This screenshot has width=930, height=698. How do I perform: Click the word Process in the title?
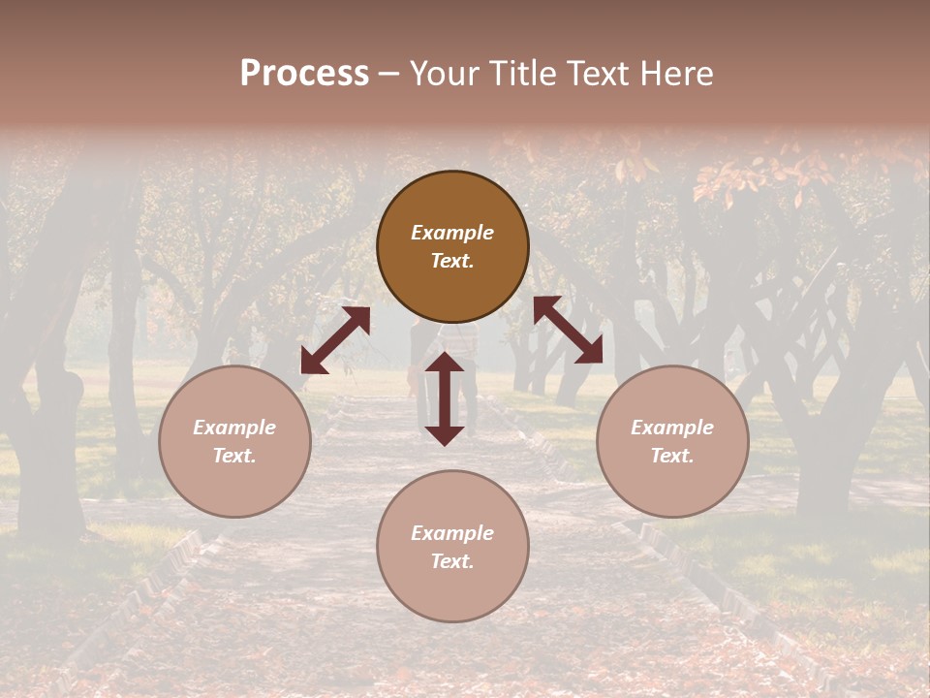tap(304, 74)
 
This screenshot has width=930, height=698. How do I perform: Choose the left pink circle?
tap(234, 441)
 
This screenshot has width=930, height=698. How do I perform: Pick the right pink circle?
tap(672, 441)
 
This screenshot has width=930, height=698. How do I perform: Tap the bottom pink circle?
tap(452, 546)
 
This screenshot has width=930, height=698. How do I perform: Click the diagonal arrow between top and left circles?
tap(335, 340)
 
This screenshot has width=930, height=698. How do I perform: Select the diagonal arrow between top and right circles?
tap(568, 330)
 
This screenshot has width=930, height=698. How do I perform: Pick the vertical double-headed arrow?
tap(445, 398)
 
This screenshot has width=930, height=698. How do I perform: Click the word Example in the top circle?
tap(452, 233)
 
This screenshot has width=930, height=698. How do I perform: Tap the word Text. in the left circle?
tap(234, 456)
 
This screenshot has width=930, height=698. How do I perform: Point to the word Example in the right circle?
tap(672, 428)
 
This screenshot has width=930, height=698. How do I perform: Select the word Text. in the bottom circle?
tap(452, 561)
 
